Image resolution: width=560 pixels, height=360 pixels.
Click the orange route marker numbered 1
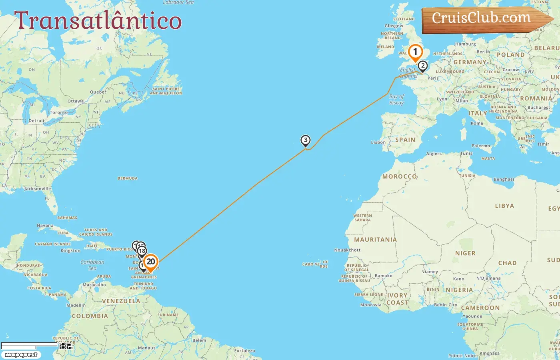coord(415,52)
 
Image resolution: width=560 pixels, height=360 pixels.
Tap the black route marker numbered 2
coord(422,66)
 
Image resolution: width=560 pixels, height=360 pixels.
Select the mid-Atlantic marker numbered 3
coord(306,140)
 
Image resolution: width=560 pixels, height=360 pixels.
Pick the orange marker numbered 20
coord(150,262)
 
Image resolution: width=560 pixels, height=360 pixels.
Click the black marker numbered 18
coord(142,251)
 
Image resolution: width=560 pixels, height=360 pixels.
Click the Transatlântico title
coord(98,21)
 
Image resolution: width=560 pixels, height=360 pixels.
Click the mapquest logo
coord(21,355)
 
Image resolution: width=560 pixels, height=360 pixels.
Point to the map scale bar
coord(30,345)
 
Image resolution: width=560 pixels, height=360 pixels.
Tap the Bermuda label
coord(128,178)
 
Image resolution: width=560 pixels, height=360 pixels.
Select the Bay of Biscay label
coord(396,100)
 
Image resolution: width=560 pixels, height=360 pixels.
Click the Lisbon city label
coord(378,142)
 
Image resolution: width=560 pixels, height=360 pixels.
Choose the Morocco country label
coord(399,176)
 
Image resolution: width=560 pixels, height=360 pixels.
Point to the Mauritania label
coord(375,240)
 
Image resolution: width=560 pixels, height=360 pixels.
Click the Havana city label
coord(45,226)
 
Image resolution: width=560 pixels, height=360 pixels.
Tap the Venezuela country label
coord(121,301)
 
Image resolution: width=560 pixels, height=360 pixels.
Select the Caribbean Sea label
coord(92,265)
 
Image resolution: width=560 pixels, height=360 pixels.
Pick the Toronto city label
coord(59,113)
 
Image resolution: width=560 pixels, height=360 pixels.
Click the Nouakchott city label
coord(347,250)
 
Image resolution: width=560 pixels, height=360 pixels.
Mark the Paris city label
coord(433,78)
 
